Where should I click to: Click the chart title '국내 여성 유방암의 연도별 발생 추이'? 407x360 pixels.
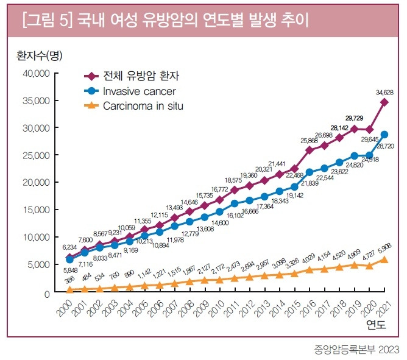pyautogui.click(x=189, y=22)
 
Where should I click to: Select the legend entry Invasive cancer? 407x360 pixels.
pyautogui.click(x=140, y=91)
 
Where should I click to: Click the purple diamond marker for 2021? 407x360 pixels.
pyautogui.click(x=384, y=102)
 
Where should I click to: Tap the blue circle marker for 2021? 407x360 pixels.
pyautogui.click(x=384, y=134)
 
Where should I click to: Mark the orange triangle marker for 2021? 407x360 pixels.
pyautogui.click(x=384, y=259)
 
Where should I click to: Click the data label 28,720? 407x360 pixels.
pyautogui.click(x=386, y=147)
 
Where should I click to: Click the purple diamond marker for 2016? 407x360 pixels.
pyautogui.click(x=310, y=150)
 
